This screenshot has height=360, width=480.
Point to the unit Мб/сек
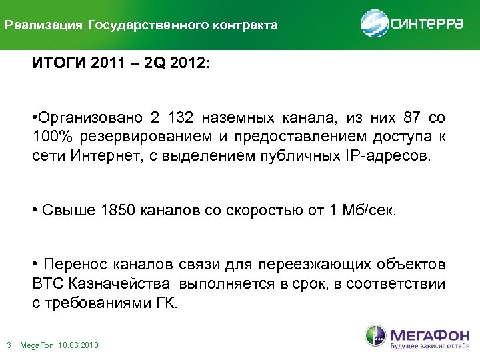pos(372,211)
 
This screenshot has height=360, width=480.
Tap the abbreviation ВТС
pos(47,284)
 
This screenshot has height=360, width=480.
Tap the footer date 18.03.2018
pos(79,345)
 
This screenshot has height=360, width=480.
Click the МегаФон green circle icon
pos(375,336)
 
